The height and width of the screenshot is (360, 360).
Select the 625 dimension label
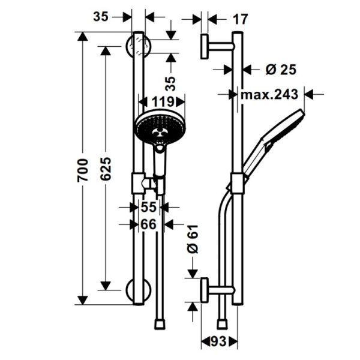(104, 170)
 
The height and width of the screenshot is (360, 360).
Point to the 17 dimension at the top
(239, 19)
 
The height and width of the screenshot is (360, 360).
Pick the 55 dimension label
(148, 208)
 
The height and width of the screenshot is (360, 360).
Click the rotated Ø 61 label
(192, 241)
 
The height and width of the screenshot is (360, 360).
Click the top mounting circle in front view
(137, 46)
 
